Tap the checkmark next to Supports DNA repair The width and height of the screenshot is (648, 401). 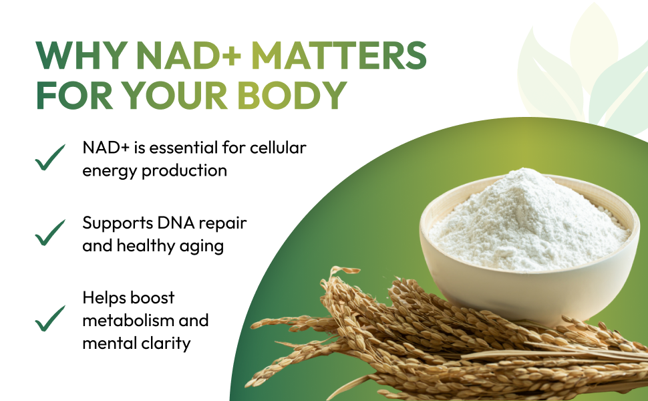pos(50,232)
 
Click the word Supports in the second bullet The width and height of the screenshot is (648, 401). pos(113,223)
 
